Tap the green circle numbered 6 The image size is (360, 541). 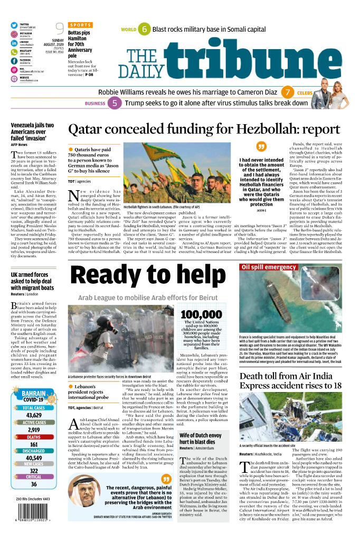144,30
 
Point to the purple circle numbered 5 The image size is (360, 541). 115,104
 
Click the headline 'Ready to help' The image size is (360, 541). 150,276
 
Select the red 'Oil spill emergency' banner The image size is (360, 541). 269,267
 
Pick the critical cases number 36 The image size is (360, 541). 33,484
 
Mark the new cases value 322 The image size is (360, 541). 33,471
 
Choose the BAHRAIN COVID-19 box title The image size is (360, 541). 34,396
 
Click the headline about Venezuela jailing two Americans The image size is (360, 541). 32,131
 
